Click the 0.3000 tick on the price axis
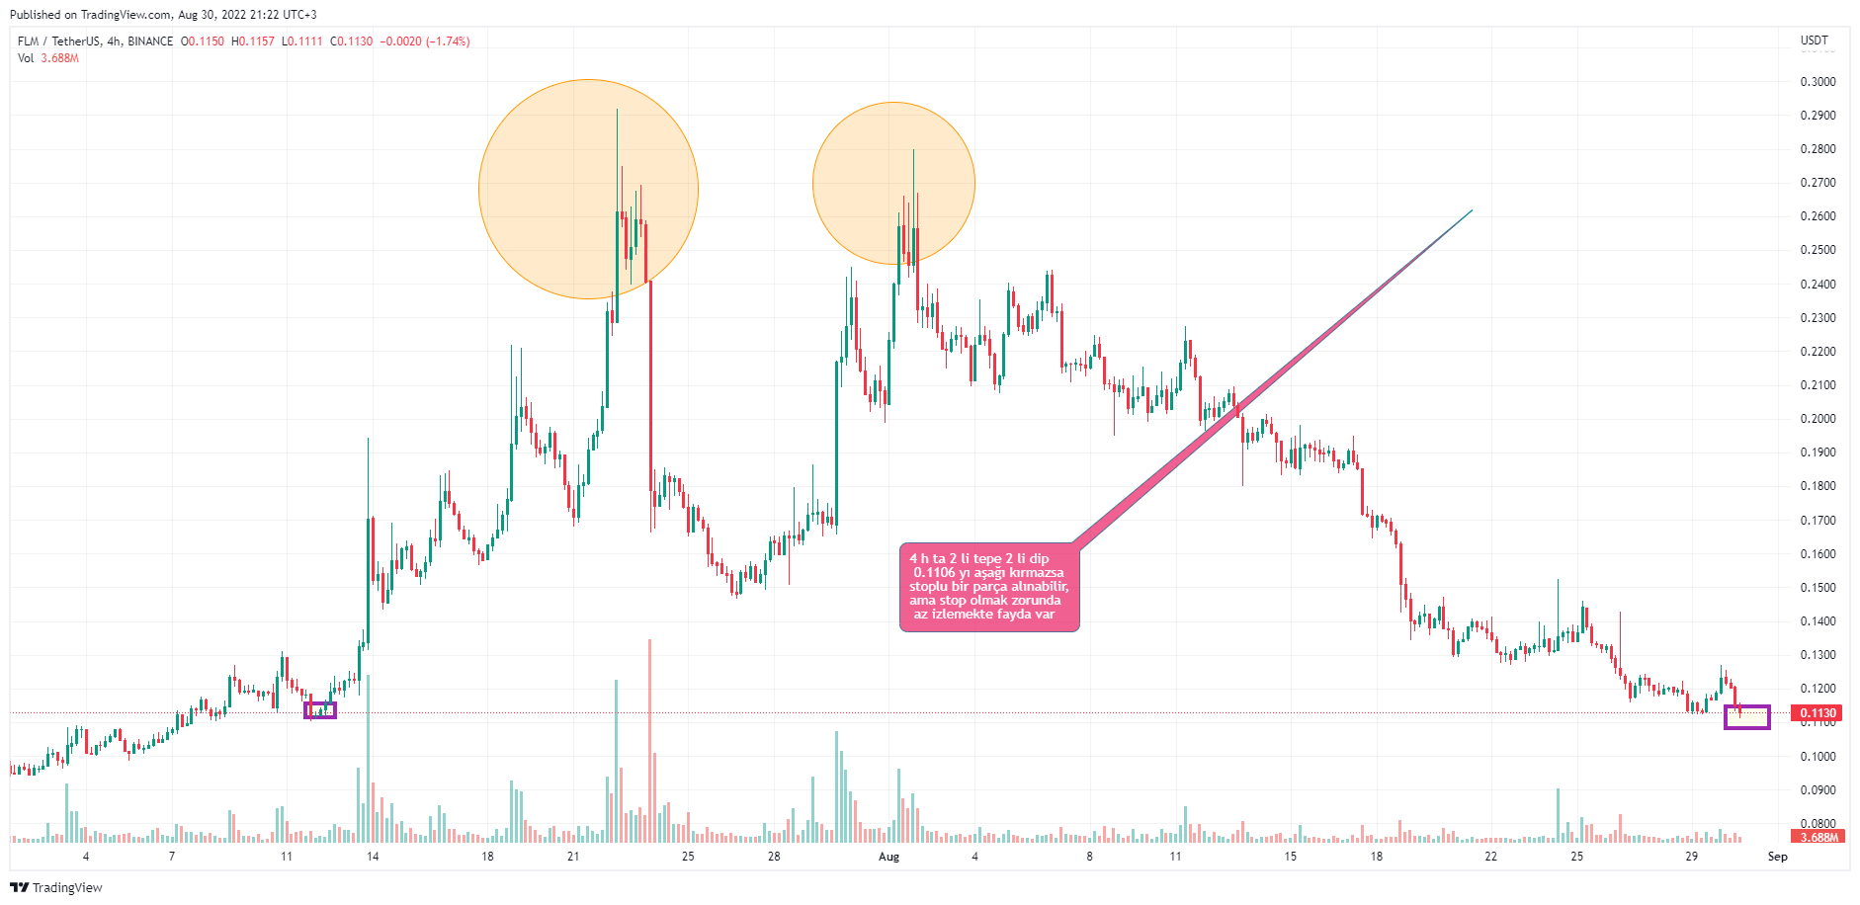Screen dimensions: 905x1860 (1818, 82)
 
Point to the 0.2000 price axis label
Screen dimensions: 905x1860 (1818, 419)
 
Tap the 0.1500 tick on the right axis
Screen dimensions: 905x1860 (1818, 588)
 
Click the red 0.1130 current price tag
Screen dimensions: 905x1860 (1818, 713)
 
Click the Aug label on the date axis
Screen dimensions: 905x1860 (888, 857)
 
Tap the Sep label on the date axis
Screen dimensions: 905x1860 (1777, 857)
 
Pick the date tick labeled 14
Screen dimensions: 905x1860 (373, 857)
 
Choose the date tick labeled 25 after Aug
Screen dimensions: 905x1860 (1576, 857)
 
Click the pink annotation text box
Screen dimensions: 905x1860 (988, 587)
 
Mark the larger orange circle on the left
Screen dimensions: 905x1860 (588, 189)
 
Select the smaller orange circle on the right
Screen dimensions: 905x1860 (893, 184)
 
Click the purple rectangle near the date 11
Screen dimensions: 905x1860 (320, 709)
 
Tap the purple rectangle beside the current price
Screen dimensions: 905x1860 (1746, 717)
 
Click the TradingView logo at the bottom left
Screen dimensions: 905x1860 (56, 887)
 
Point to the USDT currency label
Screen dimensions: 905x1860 (1815, 41)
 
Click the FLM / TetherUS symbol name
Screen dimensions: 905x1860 (59, 41)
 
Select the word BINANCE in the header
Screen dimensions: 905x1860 (150, 41)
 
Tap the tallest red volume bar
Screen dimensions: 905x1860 (649, 741)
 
